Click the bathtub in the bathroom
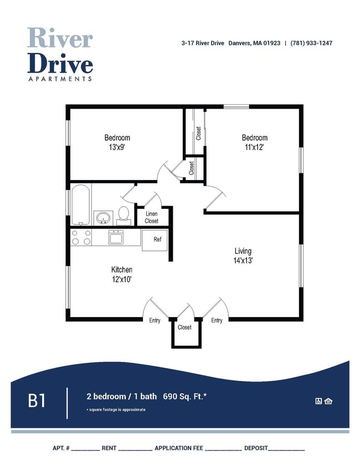81,204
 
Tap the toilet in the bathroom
124,215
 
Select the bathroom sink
103,217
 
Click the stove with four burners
81,238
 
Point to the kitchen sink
116,238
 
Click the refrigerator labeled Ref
155,240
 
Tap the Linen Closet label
152,217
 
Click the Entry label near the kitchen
155,320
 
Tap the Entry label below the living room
217,320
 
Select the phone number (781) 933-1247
311,43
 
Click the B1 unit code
37,400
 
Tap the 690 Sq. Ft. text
186,396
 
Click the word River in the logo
60,38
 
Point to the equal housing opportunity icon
328,401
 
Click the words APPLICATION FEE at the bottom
179,448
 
